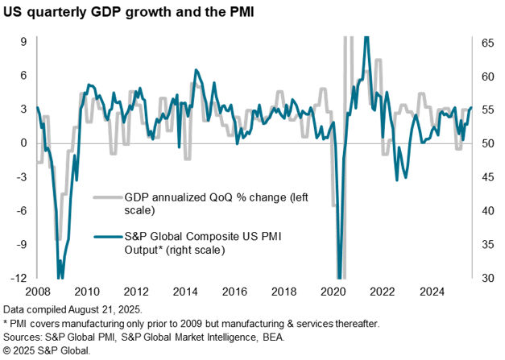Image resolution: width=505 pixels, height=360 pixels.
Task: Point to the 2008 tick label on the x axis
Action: tap(38, 291)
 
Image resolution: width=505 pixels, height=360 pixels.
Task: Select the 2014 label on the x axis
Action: tap(184, 291)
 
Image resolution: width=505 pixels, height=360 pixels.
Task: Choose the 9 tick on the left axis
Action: tap(23, 41)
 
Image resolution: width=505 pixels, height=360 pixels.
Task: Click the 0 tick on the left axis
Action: tap(23, 143)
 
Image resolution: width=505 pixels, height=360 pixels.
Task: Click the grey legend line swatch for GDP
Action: tap(106, 197)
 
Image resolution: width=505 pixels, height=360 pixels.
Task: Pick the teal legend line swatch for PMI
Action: tap(106, 236)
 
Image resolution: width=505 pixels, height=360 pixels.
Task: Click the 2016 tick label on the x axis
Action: tap(233, 291)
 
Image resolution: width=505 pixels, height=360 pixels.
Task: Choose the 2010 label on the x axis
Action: tap(87, 291)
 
